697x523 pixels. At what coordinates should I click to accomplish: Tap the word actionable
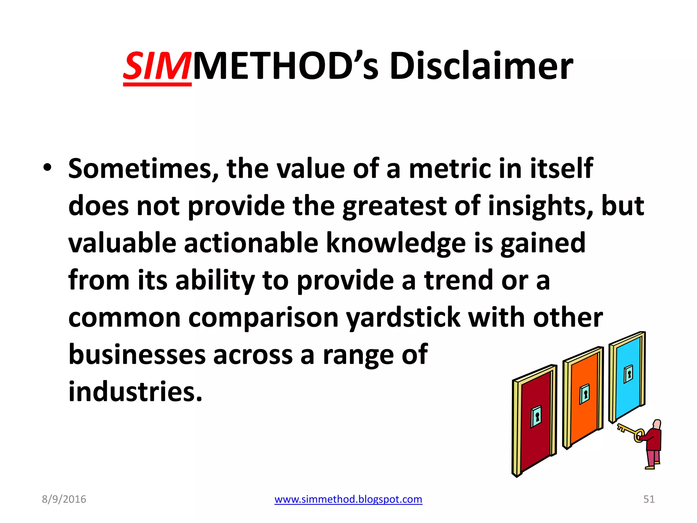(x=251, y=243)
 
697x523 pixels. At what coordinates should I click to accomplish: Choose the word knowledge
(x=396, y=243)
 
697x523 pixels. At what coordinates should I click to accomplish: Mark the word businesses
(x=137, y=354)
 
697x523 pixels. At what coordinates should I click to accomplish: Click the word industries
(x=135, y=392)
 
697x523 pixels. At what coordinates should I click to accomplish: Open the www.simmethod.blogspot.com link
(x=348, y=499)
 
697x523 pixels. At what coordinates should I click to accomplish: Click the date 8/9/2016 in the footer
(x=64, y=499)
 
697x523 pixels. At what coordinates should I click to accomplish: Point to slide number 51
(x=649, y=499)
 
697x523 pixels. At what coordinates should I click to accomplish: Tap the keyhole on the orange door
(x=585, y=394)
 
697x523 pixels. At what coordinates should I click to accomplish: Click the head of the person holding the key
(x=657, y=425)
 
